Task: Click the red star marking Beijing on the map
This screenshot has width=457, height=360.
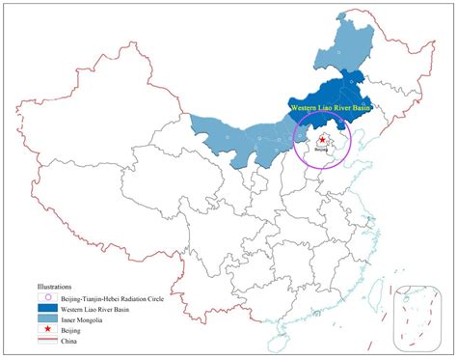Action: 321,141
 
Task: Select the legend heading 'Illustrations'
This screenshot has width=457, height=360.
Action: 57,287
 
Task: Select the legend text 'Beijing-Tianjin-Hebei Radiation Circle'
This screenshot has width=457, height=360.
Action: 112,297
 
